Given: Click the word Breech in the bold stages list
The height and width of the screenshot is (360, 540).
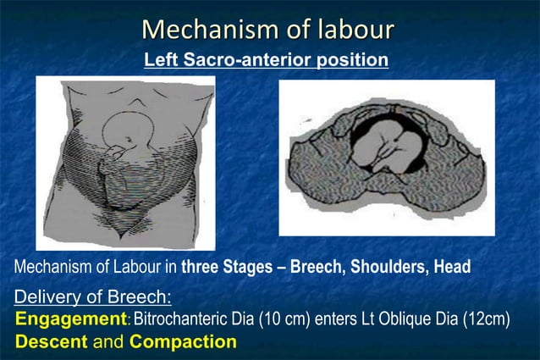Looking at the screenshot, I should click(317, 267).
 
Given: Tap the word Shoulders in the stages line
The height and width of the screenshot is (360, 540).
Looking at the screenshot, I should click(386, 267).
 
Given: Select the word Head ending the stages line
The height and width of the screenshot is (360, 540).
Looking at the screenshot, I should click(451, 267).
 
